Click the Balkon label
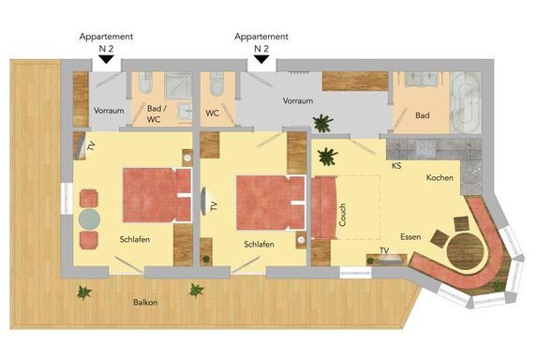(x=145, y=303)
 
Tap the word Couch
(x=342, y=215)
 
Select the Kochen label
(x=440, y=177)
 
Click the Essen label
(x=411, y=237)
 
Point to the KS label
(x=396, y=166)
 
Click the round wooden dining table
(x=465, y=250)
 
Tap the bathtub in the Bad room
(x=465, y=102)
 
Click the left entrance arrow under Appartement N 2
(x=106, y=59)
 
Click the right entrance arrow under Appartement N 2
(x=262, y=59)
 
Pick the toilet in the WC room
(x=217, y=83)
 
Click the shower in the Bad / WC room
(x=178, y=86)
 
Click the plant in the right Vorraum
(x=322, y=124)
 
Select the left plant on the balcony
(x=83, y=292)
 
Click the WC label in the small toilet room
(x=212, y=112)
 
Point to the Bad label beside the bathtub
(x=423, y=115)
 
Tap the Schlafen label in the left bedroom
(x=135, y=239)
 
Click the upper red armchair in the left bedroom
(x=89, y=199)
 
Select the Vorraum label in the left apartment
(x=109, y=111)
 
